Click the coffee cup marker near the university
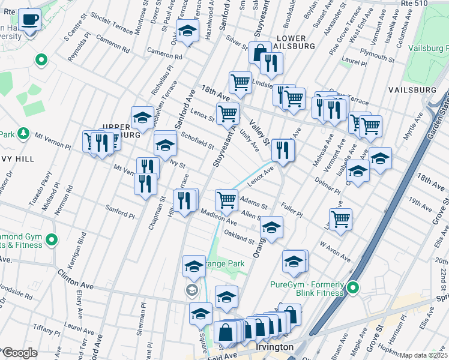click(28, 20)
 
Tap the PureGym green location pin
click(354, 289)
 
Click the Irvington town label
click(274, 347)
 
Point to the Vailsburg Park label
click(428, 48)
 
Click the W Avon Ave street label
click(335, 251)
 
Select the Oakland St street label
click(239, 235)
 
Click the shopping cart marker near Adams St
click(226, 199)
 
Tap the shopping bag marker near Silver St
click(260, 53)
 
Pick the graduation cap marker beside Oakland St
click(271, 227)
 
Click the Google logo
click(19, 353)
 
